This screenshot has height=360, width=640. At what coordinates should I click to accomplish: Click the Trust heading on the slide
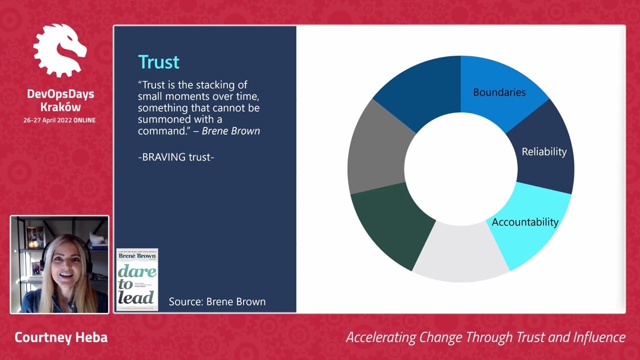(x=158, y=62)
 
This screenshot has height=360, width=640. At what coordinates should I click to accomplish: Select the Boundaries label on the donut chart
(x=499, y=92)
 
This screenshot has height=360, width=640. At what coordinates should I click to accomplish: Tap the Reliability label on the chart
(x=544, y=151)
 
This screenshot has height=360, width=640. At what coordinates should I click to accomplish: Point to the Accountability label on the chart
(x=525, y=222)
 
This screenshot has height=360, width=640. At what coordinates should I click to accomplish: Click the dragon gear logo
(x=60, y=51)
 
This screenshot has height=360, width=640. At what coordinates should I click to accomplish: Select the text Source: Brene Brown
(x=217, y=301)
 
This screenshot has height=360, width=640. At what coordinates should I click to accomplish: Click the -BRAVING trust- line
(x=176, y=157)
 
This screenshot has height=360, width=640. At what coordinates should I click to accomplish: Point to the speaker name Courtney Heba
(x=61, y=337)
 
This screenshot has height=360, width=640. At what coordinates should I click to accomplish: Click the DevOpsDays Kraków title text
(x=60, y=100)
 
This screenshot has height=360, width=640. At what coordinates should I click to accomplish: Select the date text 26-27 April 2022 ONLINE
(x=59, y=120)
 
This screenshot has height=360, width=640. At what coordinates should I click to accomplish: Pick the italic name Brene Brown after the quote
(x=230, y=131)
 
